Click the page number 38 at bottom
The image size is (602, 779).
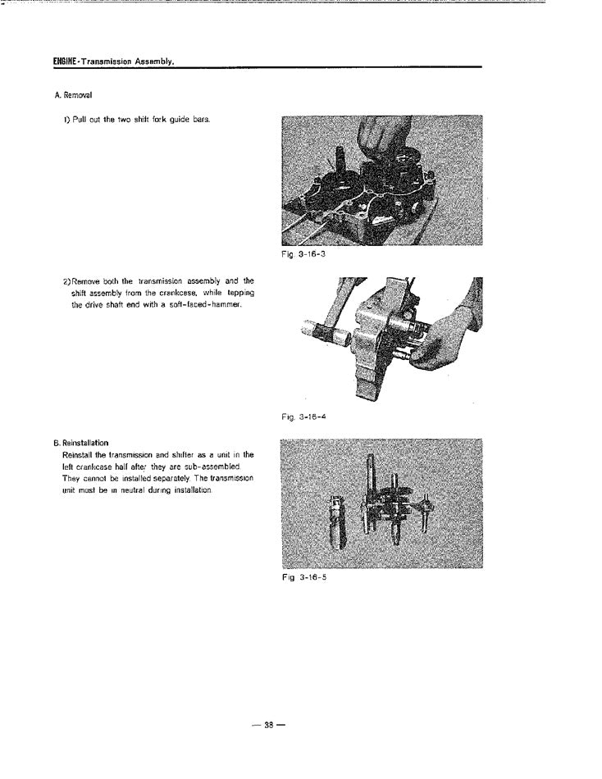click(x=267, y=724)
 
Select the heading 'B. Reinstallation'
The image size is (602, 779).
click(x=81, y=443)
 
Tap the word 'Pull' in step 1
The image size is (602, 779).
click(x=81, y=120)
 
